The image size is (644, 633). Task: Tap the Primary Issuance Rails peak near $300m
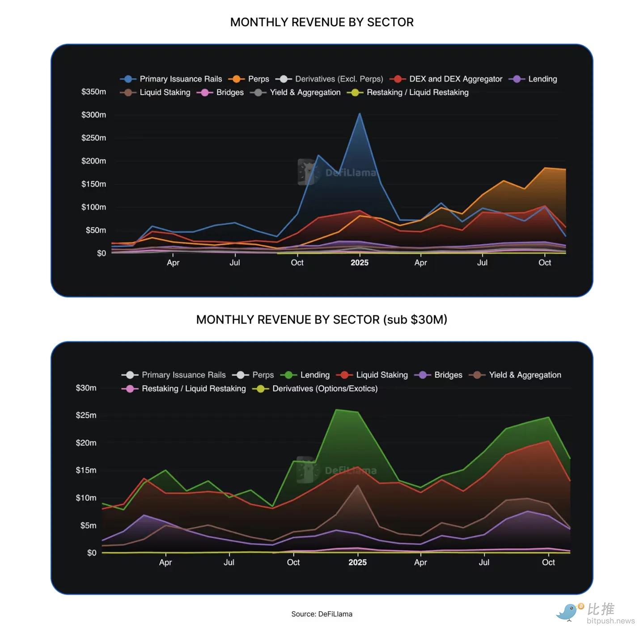coord(360,114)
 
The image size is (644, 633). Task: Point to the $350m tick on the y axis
coord(93,92)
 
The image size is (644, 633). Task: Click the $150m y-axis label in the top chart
coord(93,184)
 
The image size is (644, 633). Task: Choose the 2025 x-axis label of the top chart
coord(360,263)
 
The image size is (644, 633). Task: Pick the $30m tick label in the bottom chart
coord(86,388)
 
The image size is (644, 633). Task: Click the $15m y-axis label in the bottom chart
coord(86,470)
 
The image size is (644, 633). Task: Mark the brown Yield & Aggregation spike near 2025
coord(357,486)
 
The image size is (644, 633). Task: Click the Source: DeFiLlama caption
coord(322,614)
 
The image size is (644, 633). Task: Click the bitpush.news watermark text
coord(610,621)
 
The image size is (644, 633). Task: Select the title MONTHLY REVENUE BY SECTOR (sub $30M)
coord(322,320)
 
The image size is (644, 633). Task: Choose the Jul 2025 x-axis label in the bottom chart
coord(484,562)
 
